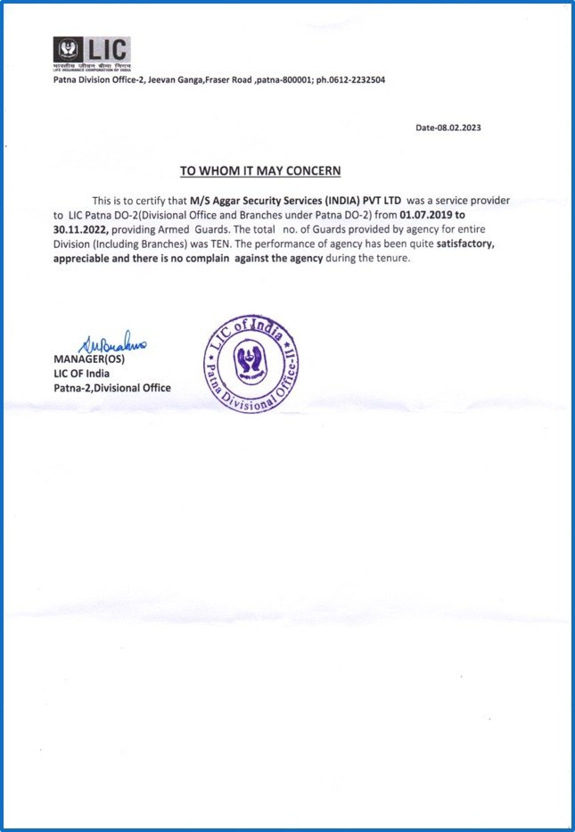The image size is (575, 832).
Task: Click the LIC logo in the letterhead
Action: coord(92,52)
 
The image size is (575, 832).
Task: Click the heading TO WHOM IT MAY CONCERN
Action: coord(260,170)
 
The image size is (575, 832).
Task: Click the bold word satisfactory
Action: coord(456,243)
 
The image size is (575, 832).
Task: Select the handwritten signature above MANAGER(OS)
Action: coord(117,345)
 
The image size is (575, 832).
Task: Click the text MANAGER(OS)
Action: coord(90,359)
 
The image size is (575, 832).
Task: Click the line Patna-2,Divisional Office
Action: coord(112,388)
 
